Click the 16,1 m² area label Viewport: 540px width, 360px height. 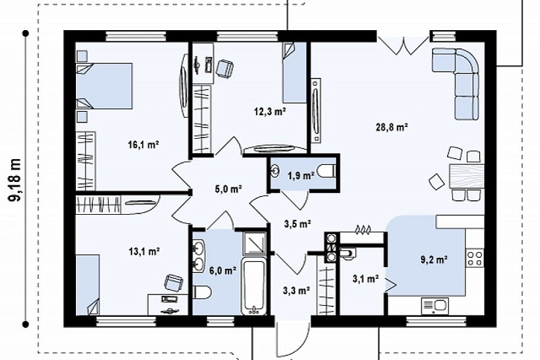[143, 145]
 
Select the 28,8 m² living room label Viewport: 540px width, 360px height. [391, 127]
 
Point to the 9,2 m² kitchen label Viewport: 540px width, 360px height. [434, 259]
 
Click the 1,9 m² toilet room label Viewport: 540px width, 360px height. [300, 175]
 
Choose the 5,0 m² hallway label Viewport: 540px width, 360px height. [228, 189]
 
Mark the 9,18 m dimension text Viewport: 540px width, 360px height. [15, 179]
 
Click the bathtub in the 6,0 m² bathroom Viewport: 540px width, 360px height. [254, 285]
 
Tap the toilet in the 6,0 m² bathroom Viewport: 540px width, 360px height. [202, 293]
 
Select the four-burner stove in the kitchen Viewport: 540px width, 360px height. [475, 259]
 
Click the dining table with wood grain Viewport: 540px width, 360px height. [466, 175]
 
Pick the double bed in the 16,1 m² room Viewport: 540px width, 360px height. [104, 86]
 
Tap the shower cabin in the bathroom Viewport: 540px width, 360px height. [254, 243]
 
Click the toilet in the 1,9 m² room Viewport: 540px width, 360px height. [326, 171]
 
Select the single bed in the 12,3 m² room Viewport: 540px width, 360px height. [295, 73]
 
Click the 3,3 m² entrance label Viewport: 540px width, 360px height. [297, 291]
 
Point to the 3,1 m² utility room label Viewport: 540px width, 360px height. [366, 278]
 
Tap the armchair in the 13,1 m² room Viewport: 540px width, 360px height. [174, 283]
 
